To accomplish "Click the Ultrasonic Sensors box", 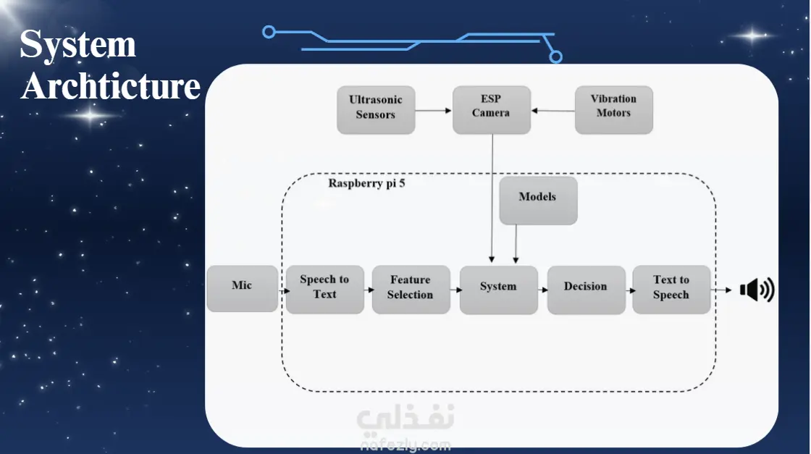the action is [376, 110].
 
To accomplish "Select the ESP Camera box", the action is [492, 109].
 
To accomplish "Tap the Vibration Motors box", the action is [614, 109].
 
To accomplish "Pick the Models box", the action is [539, 201].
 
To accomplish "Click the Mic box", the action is [243, 288].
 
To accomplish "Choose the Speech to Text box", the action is [325, 290].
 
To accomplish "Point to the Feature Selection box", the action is [411, 290].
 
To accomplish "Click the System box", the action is [499, 290].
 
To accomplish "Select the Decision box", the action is [586, 290].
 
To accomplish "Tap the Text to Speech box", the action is [671, 290].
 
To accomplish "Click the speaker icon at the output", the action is [757, 290].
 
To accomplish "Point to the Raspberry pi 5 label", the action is [366, 184].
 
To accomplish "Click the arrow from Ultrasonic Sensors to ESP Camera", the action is [434, 110].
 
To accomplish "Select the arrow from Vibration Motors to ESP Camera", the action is [553, 111].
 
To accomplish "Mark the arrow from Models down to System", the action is [516, 244].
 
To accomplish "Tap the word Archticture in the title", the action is [111, 86].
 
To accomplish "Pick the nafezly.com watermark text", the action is [405, 445].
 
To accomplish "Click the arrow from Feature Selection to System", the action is [456, 290].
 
